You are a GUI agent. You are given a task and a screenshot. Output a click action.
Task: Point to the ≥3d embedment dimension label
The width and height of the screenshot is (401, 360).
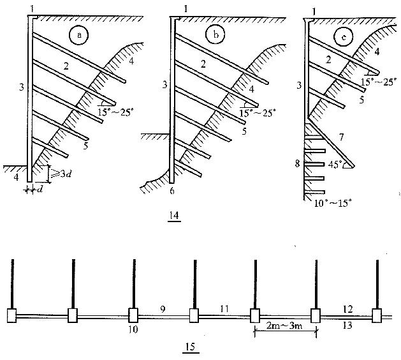61,170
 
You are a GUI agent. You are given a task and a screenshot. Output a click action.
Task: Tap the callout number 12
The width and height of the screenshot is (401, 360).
347,308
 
